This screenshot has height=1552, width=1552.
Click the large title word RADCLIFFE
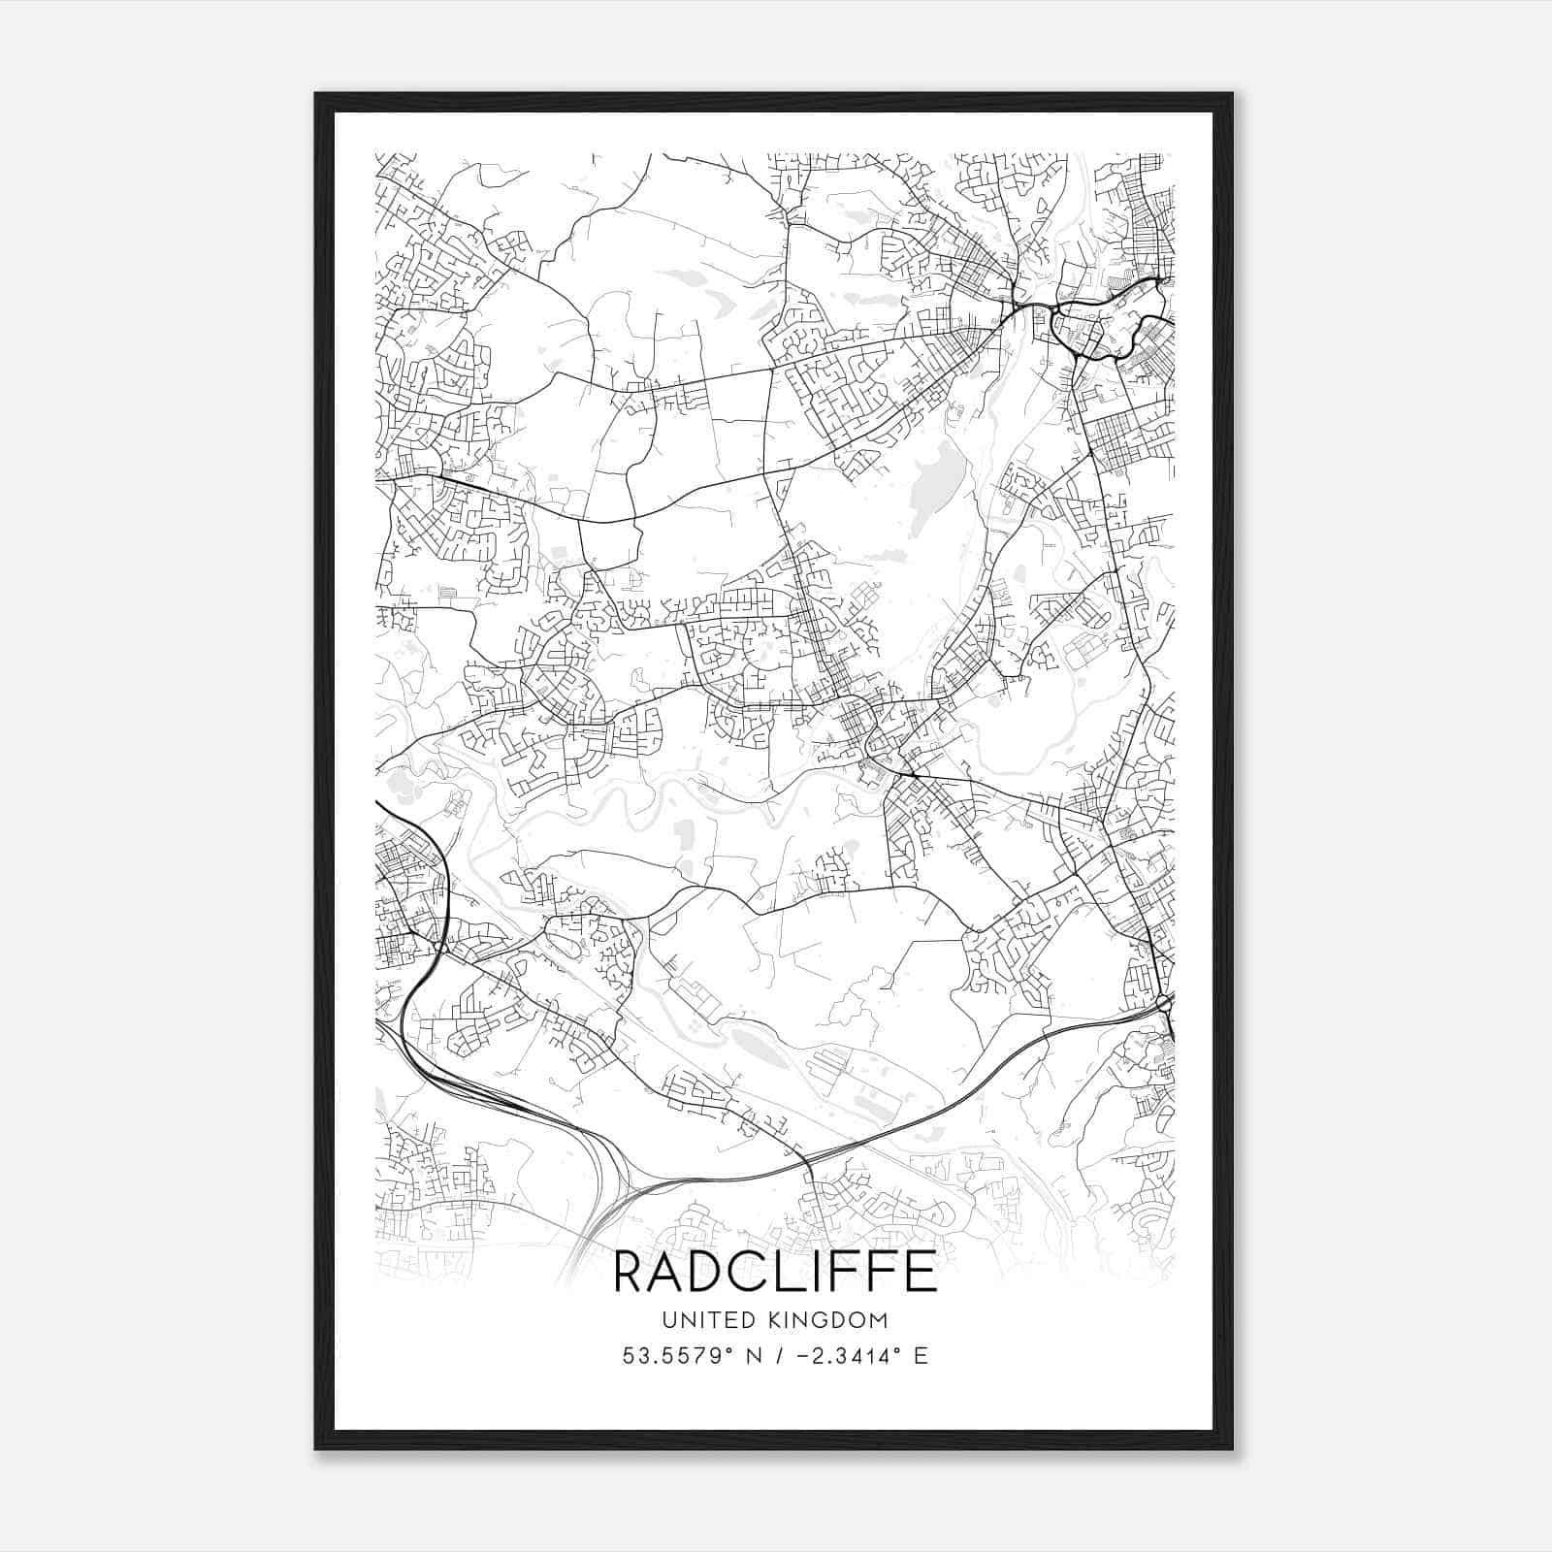click(775, 1272)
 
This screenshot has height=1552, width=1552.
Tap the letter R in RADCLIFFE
click(631, 1272)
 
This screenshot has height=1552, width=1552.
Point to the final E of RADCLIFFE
click(921, 1272)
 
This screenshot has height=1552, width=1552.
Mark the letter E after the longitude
click(921, 1356)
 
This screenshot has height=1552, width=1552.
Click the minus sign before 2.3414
click(801, 1356)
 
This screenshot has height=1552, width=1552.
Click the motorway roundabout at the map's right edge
click(1164, 1001)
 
